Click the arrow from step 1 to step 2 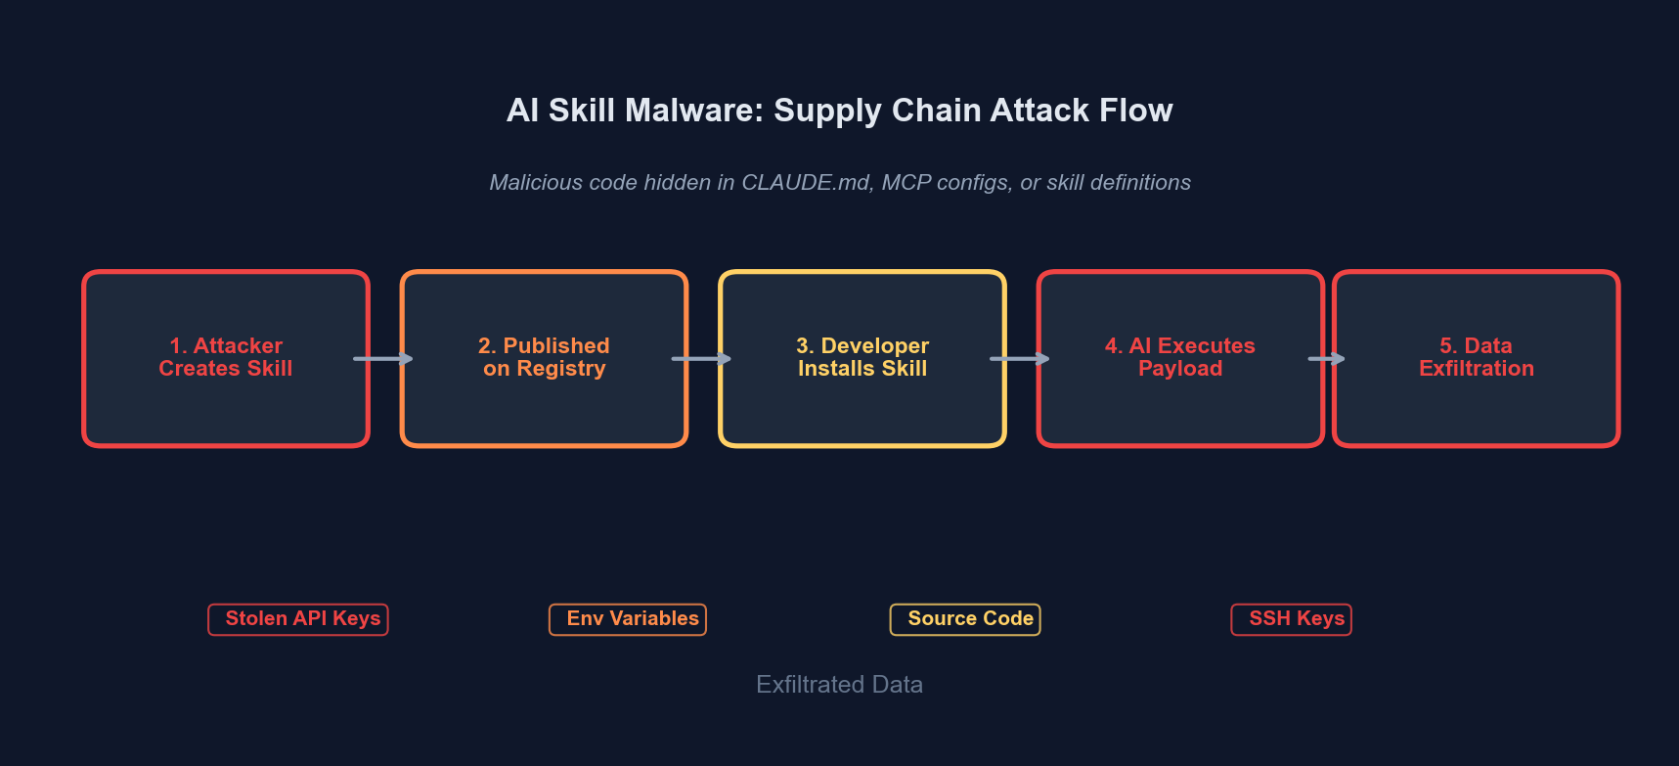383,359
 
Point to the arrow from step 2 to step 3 701,359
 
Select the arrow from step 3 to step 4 1020,359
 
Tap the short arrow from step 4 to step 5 1327,359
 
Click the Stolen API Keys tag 298,619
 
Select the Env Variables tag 628,619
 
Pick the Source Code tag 965,619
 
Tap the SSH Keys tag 1292,619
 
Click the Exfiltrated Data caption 839,685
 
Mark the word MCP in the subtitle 906,183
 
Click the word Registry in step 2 561,369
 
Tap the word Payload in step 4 1180,369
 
